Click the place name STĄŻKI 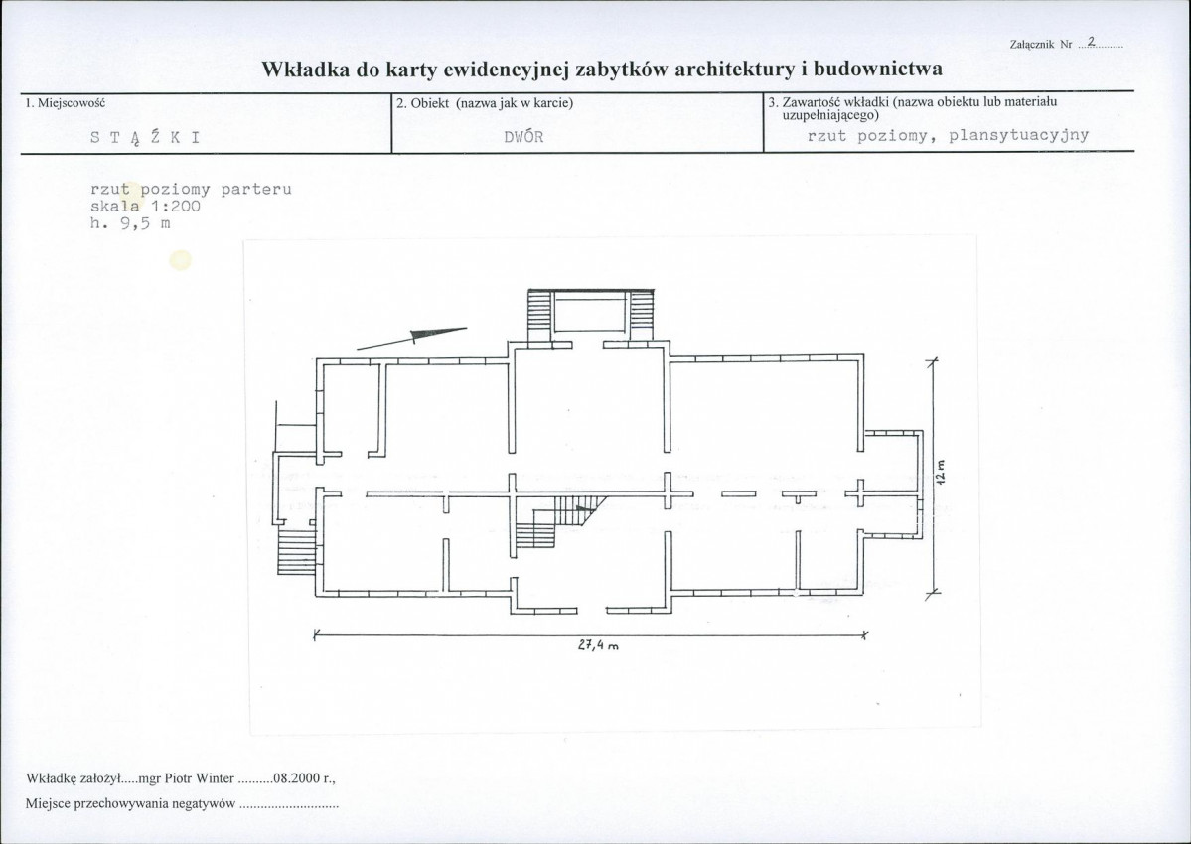(145, 137)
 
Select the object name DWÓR (524, 137)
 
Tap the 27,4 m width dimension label (599, 645)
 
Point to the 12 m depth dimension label (941, 472)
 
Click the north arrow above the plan (412, 338)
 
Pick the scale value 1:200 (176, 207)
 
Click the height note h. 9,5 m (130, 223)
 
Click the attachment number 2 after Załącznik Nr (1092, 41)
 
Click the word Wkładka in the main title (304, 70)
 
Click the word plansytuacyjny (1018, 136)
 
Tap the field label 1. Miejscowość (65, 102)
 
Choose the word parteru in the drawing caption (256, 190)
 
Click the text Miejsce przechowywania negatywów (131, 804)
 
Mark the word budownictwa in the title (878, 70)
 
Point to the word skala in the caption (115, 207)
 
